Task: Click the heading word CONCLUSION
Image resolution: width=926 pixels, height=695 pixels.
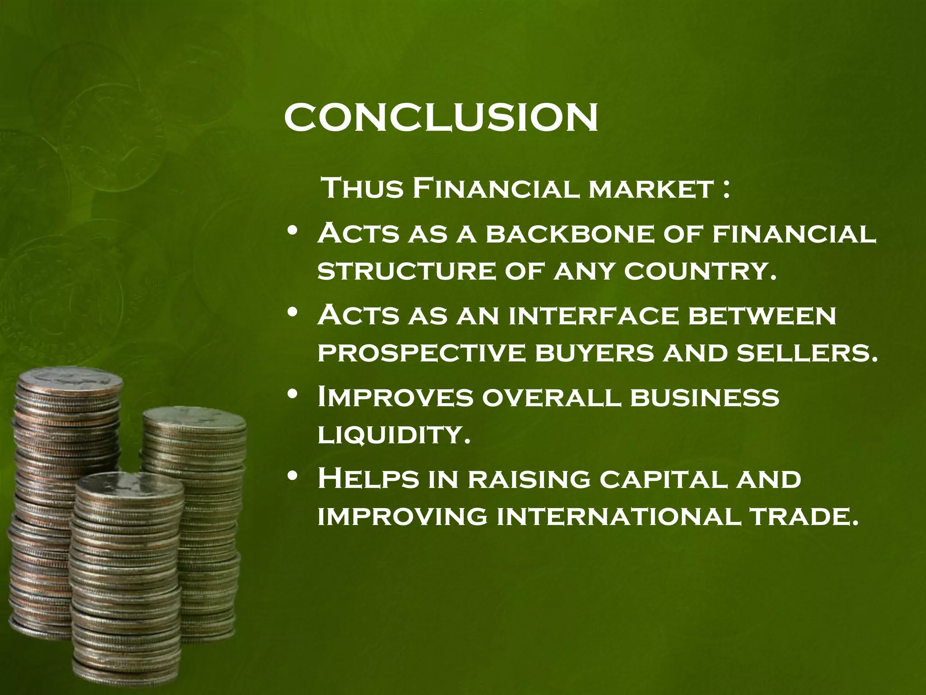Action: (441, 117)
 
